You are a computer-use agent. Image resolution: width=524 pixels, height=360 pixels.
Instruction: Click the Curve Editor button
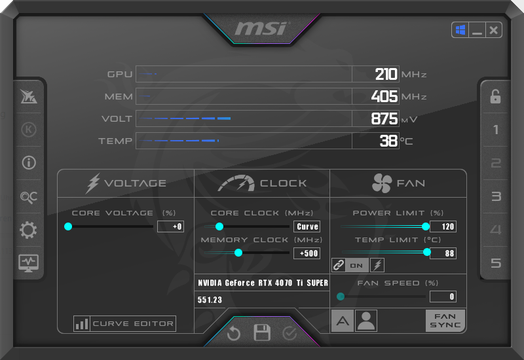click(x=125, y=323)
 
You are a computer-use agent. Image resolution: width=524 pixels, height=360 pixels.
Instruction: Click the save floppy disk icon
click(x=262, y=333)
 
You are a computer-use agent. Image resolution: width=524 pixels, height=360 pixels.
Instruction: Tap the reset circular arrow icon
click(x=234, y=334)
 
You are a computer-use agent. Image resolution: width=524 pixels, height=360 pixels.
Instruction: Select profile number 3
click(x=496, y=196)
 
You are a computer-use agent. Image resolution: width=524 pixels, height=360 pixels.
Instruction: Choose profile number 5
click(x=496, y=263)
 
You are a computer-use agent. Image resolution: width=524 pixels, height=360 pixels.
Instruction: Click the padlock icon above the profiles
click(x=496, y=97)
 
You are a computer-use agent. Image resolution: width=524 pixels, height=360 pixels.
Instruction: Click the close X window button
click(x=493, y=30)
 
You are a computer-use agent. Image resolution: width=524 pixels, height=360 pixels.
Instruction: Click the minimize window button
click(x=477, y=30)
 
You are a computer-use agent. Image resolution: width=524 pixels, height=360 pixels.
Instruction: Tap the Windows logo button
click(x=460, y=30)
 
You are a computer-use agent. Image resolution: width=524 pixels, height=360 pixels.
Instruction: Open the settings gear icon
click(x=29, y=230)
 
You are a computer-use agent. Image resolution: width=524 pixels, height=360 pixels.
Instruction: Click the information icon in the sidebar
click(x=29, y=162)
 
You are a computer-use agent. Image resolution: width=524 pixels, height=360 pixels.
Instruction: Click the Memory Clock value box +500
click(x=307, y=253)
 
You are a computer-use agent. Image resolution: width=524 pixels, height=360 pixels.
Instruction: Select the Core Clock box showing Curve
click(x=307, y=226)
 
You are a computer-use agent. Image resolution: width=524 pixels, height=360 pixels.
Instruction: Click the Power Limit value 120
click(x=443, y=226)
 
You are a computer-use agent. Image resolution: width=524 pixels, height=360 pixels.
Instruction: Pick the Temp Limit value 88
click(x=443, y=253)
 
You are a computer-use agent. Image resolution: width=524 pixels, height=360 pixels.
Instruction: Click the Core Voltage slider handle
click(x=68, y=226)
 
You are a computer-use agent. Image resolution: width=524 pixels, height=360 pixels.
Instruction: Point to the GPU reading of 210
click(x=386, y=74)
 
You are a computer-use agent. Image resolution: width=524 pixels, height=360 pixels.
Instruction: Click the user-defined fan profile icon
click(x=366, y=321)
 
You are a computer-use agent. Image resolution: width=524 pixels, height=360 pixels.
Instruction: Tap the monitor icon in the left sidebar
click(x=29, y=263)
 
